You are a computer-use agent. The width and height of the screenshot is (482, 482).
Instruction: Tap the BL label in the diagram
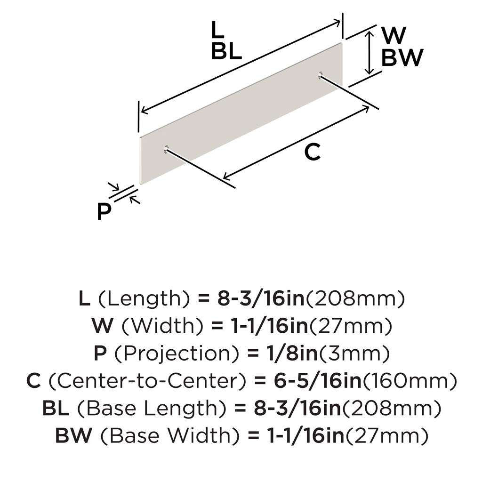click(226, 51)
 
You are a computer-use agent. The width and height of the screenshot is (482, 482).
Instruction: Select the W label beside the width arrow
click(393, 35)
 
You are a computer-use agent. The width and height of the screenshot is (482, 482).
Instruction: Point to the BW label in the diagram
click(402, 58)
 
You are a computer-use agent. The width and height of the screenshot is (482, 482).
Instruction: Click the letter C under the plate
click(312, 152)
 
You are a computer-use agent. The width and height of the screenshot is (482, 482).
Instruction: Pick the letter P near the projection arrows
click(104, 212)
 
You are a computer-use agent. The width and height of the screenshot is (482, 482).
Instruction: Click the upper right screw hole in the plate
click(321, 74)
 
